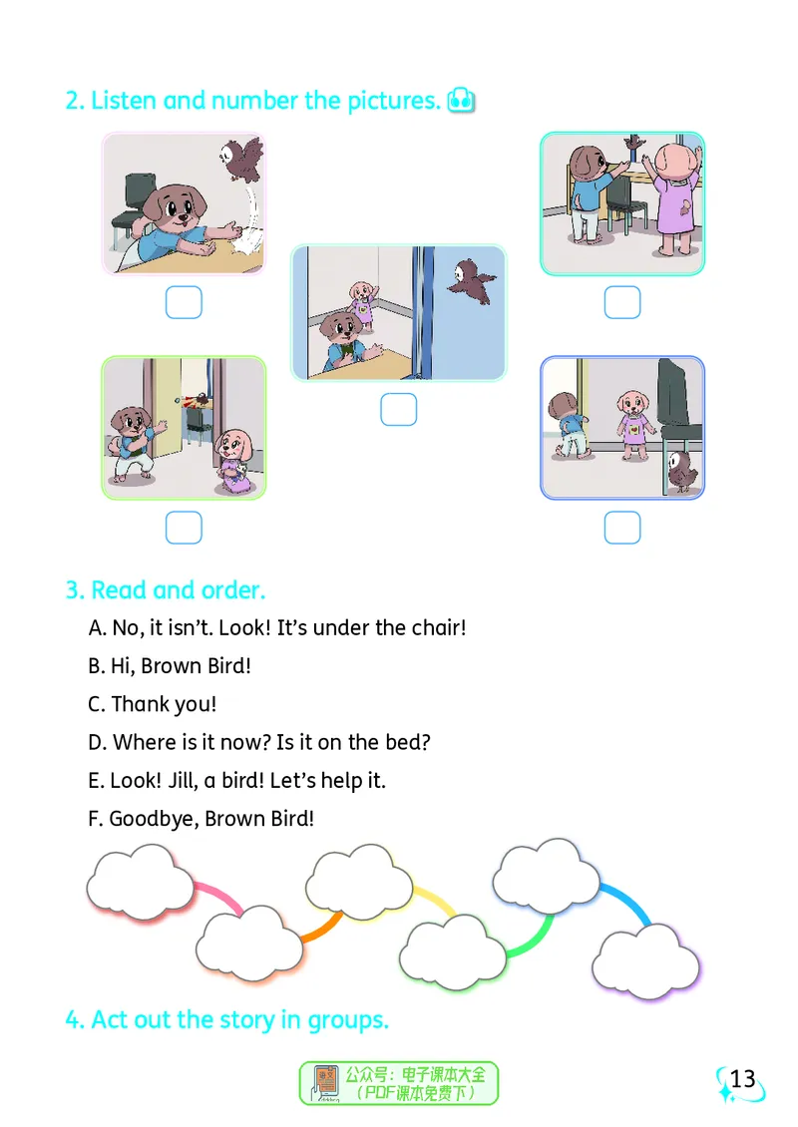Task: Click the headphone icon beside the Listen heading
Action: point(461,101)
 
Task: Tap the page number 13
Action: point(743,1079)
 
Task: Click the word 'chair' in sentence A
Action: point(435,627)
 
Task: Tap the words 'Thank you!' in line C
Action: point(164,704)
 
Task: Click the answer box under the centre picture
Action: point(398,410)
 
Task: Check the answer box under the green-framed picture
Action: point(184,528)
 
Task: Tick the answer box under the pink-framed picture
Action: point(184,302)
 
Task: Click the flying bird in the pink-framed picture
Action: point(242,159)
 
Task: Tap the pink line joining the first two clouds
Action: point(218,895)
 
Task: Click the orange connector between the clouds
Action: point(321,928)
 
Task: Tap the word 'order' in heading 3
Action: point(229,590)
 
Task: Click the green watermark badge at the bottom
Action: point(399,1083)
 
